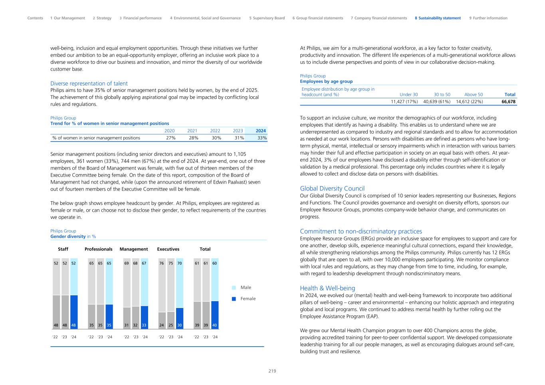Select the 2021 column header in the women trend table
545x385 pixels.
[x=192, y=131]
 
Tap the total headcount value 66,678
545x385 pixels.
[x=508, y=101]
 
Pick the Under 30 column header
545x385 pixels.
[x=408, y=95]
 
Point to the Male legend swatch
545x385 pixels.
[x=234, y=288]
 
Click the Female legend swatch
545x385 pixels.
[x=234, y=299]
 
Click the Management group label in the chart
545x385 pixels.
[x=134, y=249]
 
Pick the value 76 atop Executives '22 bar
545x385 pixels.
[x=162, y=263]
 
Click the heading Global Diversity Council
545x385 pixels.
[x=332, y=189]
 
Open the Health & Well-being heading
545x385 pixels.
[x=327, y=288]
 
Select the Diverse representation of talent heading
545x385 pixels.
[x=89, y=83]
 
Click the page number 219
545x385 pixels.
[x=272, y=371]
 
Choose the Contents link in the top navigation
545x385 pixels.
[x=35, y=18]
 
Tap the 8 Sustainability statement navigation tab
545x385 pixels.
[x=438, y=18]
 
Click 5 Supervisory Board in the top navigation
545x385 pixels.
[x=267, y=18]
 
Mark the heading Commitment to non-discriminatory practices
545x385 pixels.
[x=361, y=231]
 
